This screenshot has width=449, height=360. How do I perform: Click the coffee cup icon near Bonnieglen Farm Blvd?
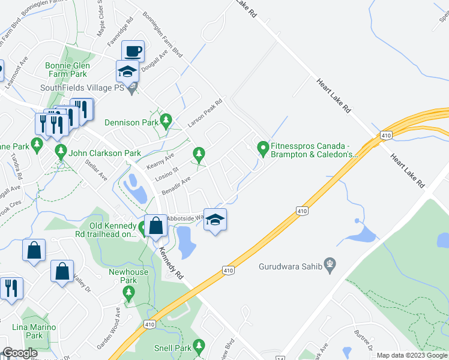point(132,50)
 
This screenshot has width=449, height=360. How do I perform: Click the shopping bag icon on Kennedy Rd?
point(155,226)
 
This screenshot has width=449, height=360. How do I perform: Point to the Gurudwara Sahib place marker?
point(329,263)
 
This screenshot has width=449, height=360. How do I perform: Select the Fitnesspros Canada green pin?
point(262,147)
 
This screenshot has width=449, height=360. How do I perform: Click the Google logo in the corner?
point(20,353)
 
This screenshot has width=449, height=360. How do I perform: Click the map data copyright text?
point(411,355)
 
